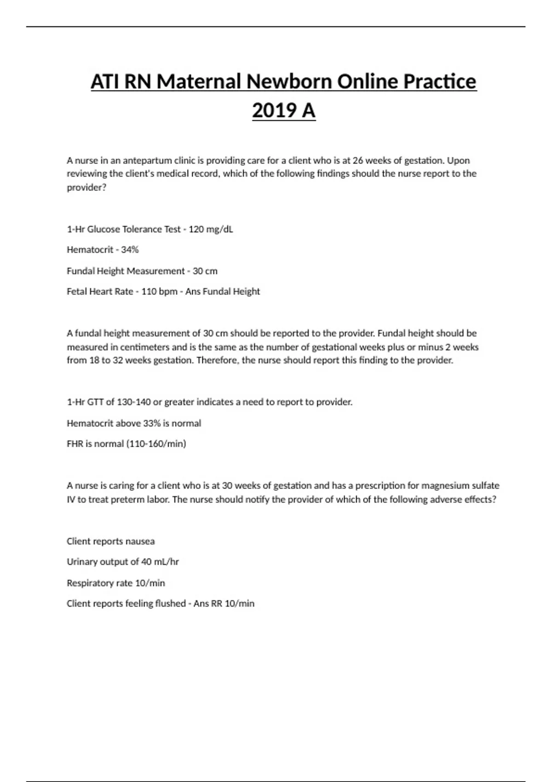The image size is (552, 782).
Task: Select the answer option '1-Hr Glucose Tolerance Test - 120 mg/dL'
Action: (150, 229)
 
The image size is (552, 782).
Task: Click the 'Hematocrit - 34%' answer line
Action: (103, 250)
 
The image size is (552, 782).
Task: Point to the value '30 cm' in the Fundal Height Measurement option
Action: (205, 271)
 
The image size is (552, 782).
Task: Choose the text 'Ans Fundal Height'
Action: (223, 292)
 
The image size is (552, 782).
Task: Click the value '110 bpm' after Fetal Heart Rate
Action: (159, 292)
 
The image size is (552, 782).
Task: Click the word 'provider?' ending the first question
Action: (86, 188)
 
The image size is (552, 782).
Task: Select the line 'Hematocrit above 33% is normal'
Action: (134, 423)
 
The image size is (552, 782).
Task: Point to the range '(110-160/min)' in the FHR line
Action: (156, 444)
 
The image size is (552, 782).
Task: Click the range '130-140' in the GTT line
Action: (134, 402)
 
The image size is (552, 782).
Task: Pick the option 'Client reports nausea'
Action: (111, 541)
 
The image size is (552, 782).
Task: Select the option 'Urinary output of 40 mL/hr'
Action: (123, 562)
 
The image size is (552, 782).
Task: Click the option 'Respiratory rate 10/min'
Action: (116, 583)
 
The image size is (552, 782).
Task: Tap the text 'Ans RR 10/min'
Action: (224, 604)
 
